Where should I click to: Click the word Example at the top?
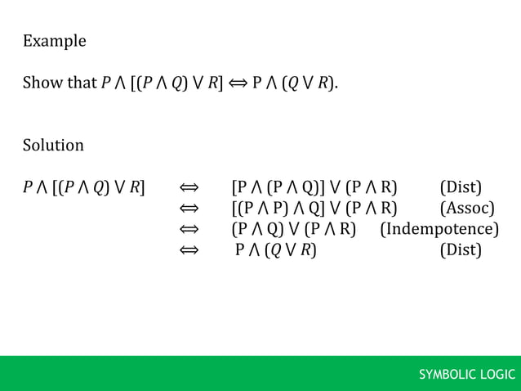[x=54, y=41]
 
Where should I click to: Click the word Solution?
[x=53, y=146]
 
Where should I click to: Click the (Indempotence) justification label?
[x=439, y=229]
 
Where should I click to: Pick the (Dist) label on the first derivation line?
[x=461, y=187]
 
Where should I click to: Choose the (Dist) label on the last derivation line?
[x=461, y=249]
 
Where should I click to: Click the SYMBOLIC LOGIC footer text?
[x=467, y=375]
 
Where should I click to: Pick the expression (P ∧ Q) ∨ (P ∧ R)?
[x=294, y=229]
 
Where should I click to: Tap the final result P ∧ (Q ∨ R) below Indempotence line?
[x=276, y=249]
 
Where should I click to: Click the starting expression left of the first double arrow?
[x=84, y=187]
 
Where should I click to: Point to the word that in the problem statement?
[x=82, y=83]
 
